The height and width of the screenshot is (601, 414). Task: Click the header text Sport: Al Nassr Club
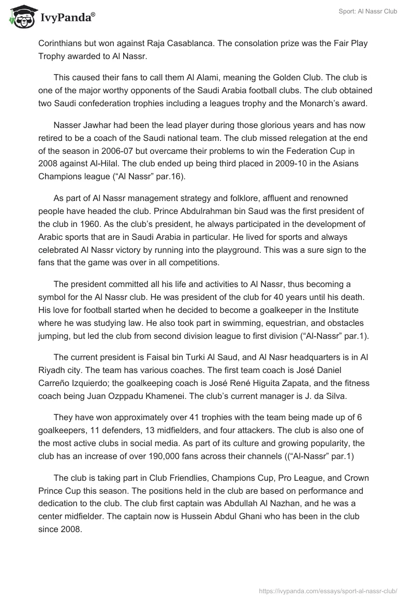(368, 11)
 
